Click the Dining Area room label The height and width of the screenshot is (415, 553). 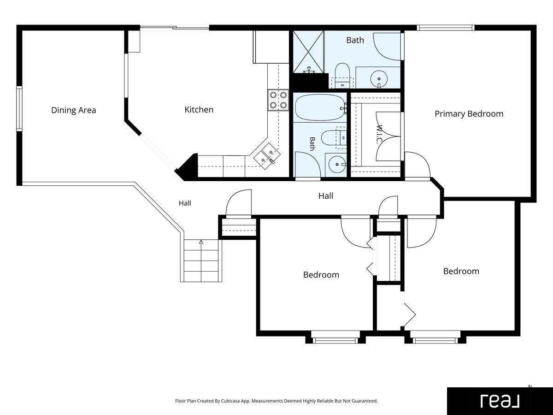coord(74,110)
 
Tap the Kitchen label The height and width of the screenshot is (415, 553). coord(199,110)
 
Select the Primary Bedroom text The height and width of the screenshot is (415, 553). coord(469,113)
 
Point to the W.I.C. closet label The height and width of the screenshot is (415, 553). coord(379,134)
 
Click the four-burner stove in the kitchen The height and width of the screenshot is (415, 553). coord(278,100)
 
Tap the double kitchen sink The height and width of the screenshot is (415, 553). coord(267,156)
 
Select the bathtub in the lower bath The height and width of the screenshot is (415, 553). coord(320,107)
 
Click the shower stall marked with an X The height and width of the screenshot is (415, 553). coord(308,52)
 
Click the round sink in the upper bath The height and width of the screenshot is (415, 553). coord(379,79)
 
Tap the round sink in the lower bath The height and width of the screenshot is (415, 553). coord(337,165)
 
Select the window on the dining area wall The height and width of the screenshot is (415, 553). coord(19,109)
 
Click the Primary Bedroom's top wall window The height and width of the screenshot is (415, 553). coord(446,28)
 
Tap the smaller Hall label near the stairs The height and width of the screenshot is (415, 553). coord(185,203)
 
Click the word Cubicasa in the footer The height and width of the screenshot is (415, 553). coord(231,401)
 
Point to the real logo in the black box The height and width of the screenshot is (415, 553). coord(500,401)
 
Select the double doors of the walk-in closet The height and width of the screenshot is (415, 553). coord(388,136)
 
